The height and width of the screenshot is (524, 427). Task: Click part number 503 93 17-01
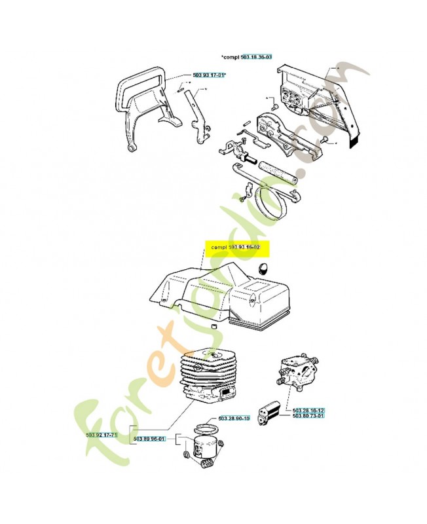208,75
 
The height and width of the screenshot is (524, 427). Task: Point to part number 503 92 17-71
101,435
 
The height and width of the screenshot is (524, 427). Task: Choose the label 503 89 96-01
149,439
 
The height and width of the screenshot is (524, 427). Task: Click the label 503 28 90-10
234,418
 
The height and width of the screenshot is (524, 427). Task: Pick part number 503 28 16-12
308,411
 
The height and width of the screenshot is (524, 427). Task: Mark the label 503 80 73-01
308,417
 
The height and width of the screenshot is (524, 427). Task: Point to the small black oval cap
264,267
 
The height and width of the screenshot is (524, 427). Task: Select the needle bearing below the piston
208,466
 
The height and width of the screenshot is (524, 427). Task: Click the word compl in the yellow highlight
219,247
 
